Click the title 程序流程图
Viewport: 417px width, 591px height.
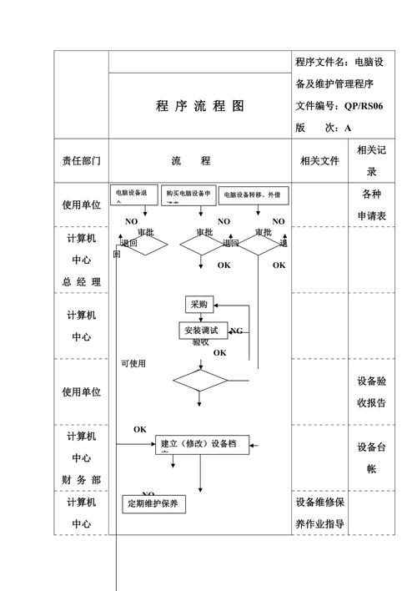199,106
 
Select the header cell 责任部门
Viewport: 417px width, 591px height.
81,160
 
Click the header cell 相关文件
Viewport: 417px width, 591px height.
319,160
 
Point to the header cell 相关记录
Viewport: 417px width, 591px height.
372,160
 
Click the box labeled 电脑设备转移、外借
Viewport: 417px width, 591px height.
253,194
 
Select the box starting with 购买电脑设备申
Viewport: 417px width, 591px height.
188,194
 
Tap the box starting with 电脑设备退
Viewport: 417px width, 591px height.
133,194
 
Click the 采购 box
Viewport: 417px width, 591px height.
199,305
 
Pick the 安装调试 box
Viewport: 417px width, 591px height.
201,331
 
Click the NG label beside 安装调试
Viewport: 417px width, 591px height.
236,331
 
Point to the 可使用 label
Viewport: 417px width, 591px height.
133,363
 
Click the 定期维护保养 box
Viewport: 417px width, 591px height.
153,504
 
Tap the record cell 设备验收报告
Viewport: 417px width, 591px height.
372,391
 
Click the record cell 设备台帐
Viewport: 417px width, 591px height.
372,457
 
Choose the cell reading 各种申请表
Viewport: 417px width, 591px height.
372,205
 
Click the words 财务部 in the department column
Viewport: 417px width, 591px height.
81,480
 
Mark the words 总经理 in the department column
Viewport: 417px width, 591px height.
81,282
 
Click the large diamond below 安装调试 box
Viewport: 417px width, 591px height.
200,381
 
